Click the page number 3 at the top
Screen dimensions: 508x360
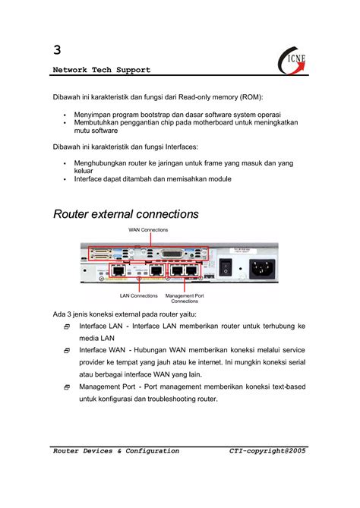pos(58,50)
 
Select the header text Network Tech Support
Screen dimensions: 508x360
pos(102,70)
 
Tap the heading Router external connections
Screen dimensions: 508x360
pos(126,214)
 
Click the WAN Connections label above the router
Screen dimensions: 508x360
pos(149,229)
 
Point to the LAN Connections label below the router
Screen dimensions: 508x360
pos(139,295)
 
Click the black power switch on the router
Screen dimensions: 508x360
pos(225,267)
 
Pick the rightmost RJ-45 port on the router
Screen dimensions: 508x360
pos(191,270)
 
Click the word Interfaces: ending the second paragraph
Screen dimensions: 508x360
pos(175,147)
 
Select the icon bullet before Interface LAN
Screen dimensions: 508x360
pos(67,327)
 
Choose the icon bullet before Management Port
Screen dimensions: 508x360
pos(67,387)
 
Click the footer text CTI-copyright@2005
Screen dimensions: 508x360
pos(267,450)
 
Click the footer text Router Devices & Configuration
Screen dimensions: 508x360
pos(116,450)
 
